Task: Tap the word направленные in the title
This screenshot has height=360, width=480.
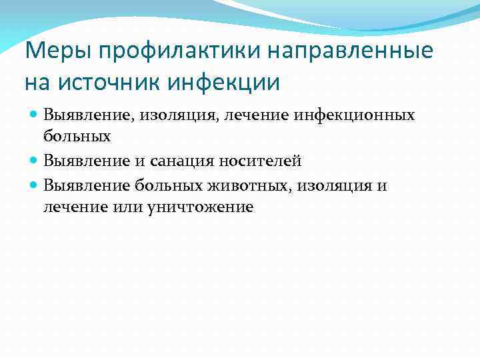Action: [x=351, y=51]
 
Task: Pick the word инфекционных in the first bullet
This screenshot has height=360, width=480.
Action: [x=363, y=116]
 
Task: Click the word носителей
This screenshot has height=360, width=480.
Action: [x=263, y=161]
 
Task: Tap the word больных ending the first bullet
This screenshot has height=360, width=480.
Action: [x=77, y=137]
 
